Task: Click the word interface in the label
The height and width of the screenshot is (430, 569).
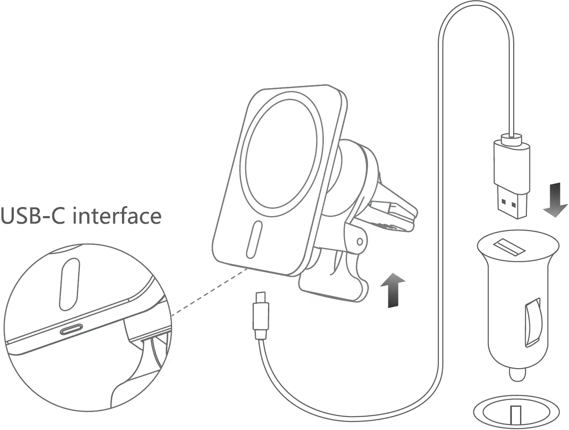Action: (117, 216)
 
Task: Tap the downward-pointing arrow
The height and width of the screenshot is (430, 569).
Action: (555, 200)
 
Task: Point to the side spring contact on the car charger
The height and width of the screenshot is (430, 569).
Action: (532, 322)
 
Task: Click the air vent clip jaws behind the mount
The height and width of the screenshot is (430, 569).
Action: (395, 215)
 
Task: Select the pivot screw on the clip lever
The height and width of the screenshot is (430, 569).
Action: (359, 241)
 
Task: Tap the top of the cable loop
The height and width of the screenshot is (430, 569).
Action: (476, 5)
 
